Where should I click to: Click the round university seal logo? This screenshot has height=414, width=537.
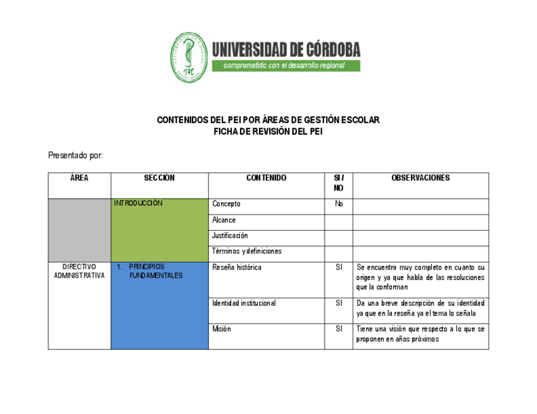189,58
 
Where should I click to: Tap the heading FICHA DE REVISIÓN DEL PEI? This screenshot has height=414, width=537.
268,131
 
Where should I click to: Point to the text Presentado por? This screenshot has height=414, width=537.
75,155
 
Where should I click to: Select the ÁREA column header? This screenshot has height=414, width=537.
79,178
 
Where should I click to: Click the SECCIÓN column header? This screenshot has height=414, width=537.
159,178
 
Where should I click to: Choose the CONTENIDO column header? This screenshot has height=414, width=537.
266,178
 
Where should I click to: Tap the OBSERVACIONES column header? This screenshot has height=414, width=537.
420,178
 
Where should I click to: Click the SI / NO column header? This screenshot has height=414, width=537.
339,183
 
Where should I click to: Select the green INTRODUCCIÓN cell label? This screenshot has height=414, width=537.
138,204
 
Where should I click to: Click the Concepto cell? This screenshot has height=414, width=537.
226,204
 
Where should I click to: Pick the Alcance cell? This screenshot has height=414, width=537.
224,220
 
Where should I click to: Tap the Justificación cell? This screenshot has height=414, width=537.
230,236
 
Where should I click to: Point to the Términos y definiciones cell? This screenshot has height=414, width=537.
247,252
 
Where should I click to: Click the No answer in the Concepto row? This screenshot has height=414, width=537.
339,204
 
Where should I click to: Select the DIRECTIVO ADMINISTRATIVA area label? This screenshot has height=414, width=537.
79,271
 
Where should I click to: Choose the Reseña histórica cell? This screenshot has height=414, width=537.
237,267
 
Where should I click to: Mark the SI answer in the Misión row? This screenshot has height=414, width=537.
339,329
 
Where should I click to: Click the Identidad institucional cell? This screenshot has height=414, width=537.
244,303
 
